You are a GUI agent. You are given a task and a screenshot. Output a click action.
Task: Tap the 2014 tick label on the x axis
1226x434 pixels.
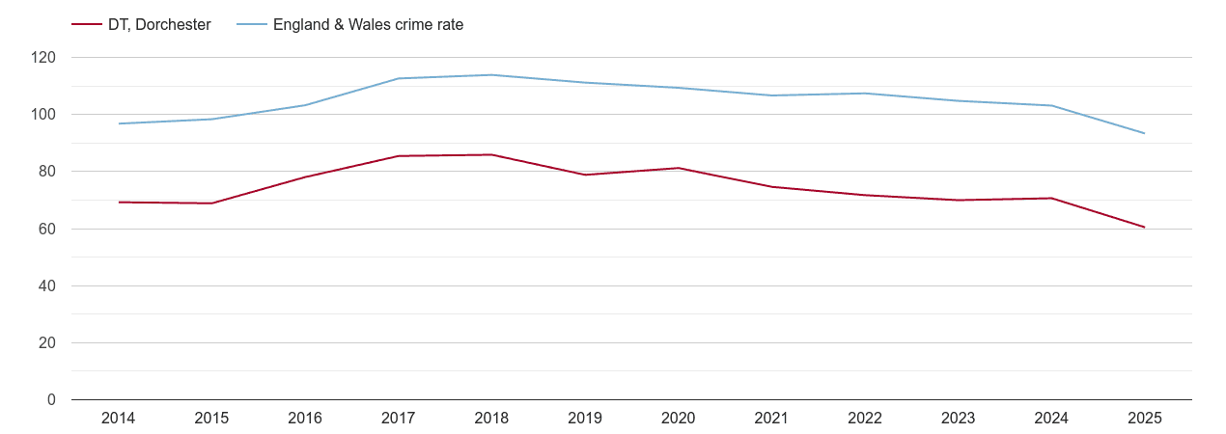click(118, 419)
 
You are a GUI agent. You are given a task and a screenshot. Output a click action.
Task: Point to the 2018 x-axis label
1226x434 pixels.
click(491, 419)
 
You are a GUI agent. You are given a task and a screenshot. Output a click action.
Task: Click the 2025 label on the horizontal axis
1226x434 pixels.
click(1144, 419)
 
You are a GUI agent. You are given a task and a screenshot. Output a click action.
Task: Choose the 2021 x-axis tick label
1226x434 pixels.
click(771, 419)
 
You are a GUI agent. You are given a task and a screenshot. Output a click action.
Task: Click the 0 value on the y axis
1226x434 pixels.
click(52, 400)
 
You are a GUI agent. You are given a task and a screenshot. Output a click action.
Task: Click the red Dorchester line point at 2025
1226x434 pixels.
click(1144, 228)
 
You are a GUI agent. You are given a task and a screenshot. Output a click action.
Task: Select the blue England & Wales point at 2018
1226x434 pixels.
click(491, 75)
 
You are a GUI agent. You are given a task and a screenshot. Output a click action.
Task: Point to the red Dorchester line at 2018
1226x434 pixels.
click(491, 154)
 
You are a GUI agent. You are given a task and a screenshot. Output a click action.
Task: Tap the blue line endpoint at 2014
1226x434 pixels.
click(119, 123)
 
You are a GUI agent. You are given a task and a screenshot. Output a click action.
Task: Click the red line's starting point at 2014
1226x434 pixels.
click(119, 203)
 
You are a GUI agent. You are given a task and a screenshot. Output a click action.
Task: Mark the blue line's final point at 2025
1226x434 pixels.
click(1144, 133)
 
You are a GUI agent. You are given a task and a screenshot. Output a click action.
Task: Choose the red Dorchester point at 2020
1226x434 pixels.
click(678, 168)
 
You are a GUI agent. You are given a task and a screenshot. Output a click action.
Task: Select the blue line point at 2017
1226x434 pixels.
click(399, 78)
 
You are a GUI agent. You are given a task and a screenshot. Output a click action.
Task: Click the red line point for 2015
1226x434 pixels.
click(211, 203)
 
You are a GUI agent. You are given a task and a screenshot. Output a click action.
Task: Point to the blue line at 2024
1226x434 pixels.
click(1051, 105)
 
